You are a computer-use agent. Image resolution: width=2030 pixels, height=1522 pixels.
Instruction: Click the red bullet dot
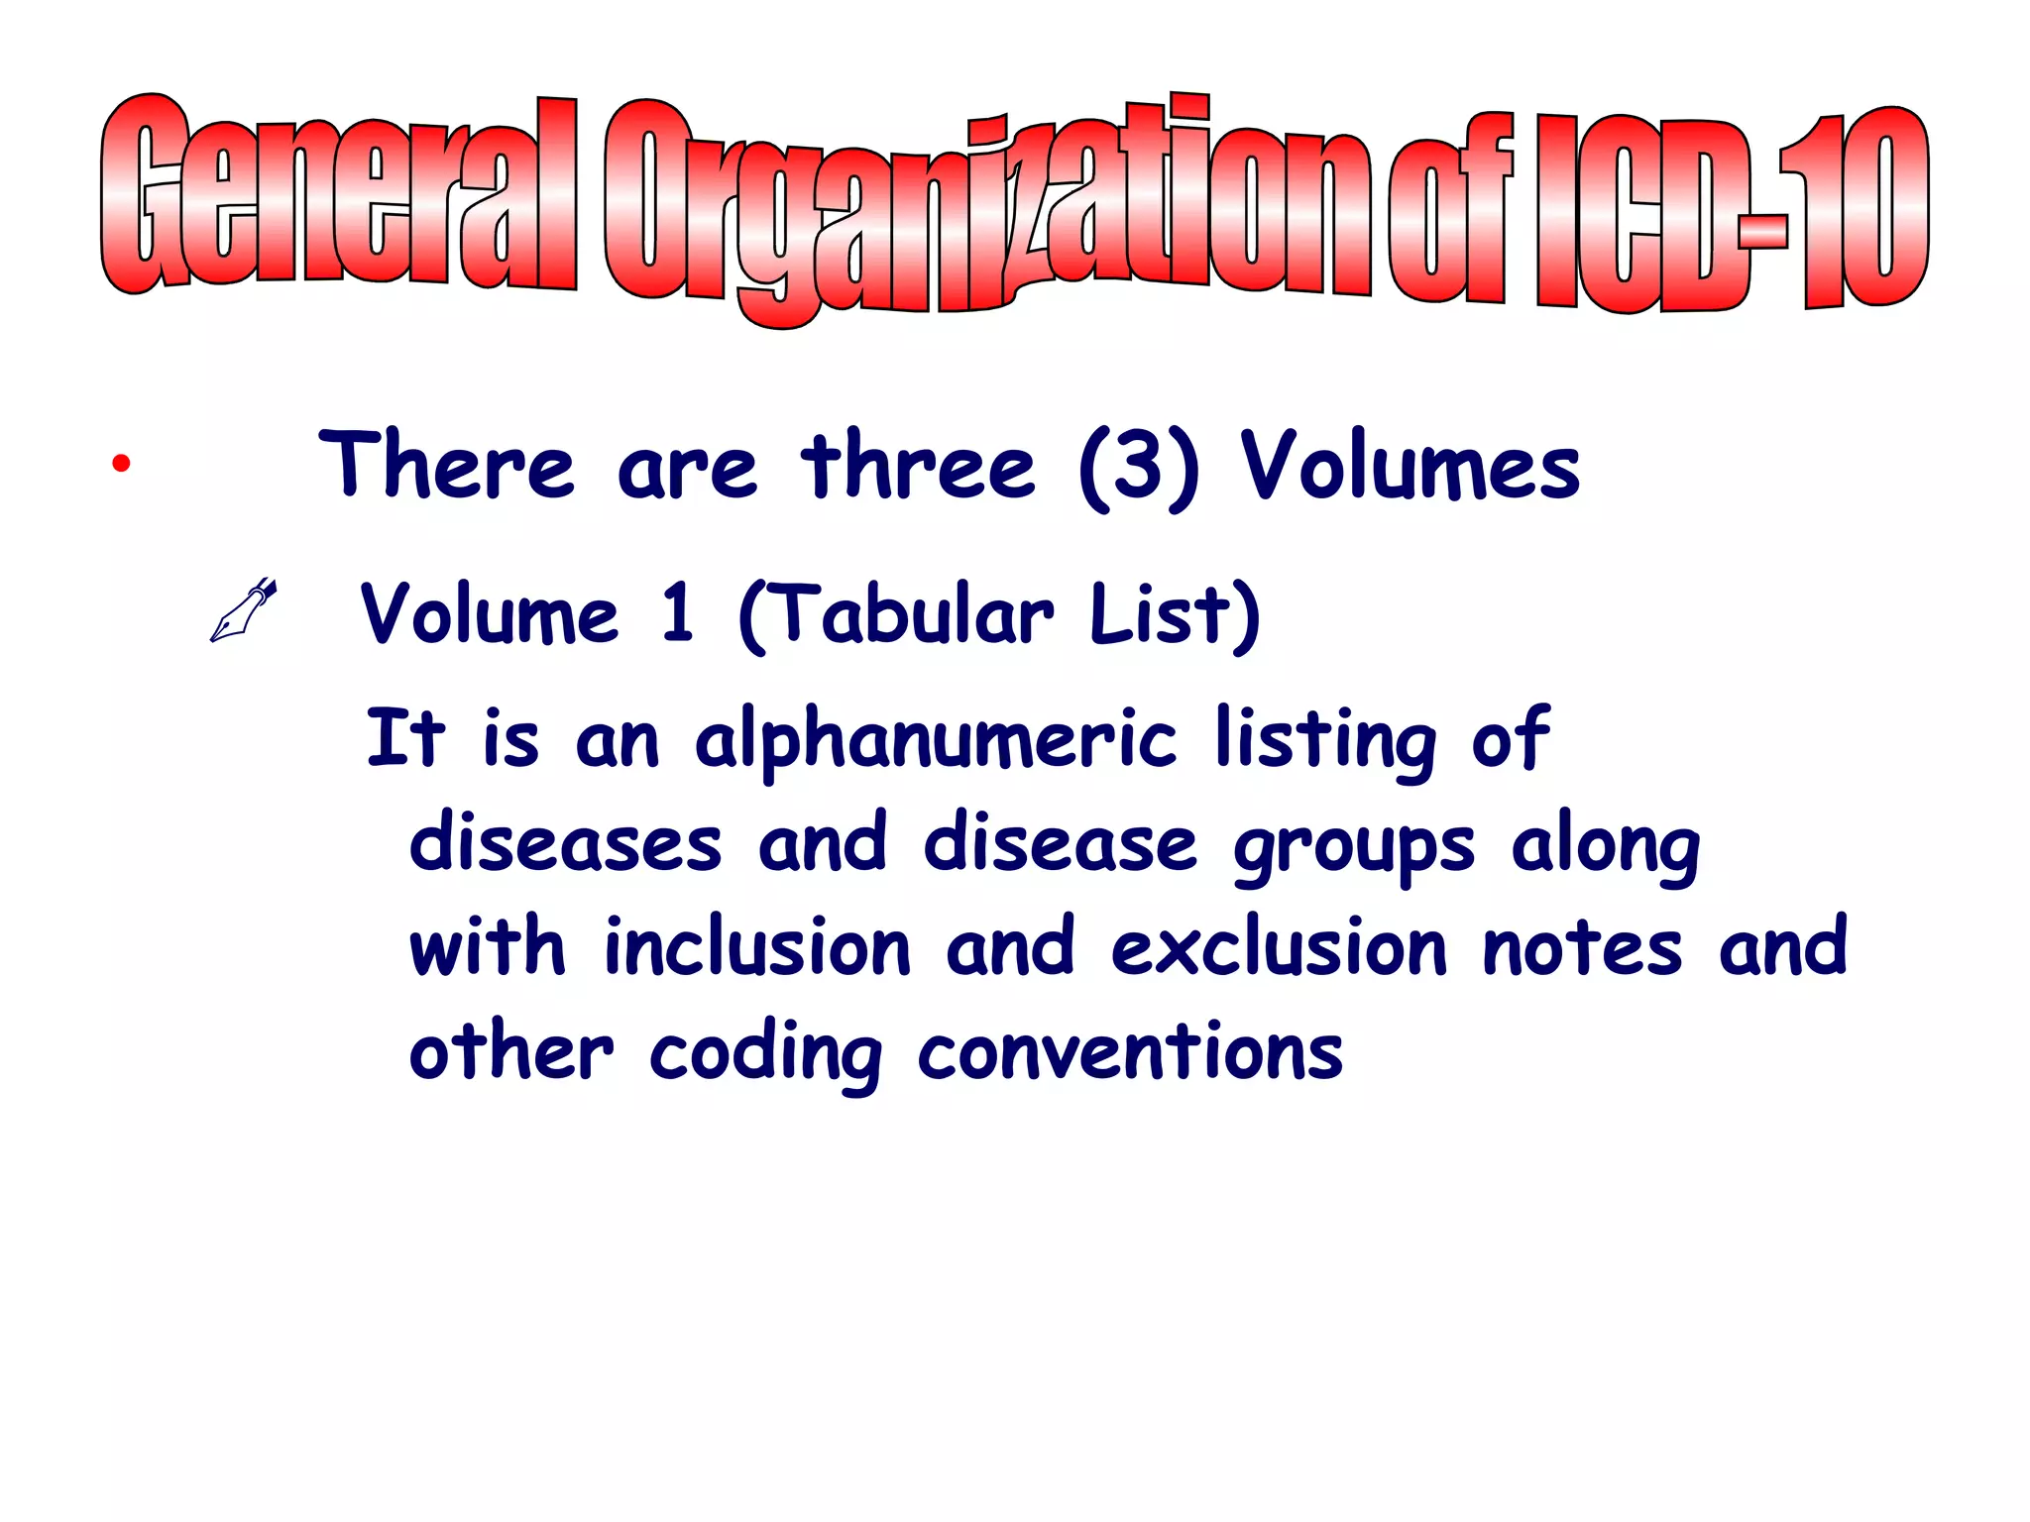(121, 463)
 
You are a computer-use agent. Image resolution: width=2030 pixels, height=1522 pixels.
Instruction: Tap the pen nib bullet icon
(243, 610)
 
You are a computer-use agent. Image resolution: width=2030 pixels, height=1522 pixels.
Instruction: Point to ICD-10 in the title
(1730, 210)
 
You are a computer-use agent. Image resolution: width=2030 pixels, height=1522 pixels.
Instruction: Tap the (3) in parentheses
(1138, 469)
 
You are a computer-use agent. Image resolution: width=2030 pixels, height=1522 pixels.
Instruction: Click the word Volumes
(1410, 467)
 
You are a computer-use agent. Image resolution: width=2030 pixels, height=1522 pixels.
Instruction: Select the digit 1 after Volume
(678, 613)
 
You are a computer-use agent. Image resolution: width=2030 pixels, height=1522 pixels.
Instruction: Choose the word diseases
(566, 844)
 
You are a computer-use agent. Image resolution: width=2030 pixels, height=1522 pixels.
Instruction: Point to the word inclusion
(758, 947)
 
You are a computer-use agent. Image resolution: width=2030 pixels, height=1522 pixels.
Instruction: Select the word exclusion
(1280, 947)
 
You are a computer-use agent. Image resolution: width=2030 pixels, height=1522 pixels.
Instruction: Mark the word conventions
(1130, 1052)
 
